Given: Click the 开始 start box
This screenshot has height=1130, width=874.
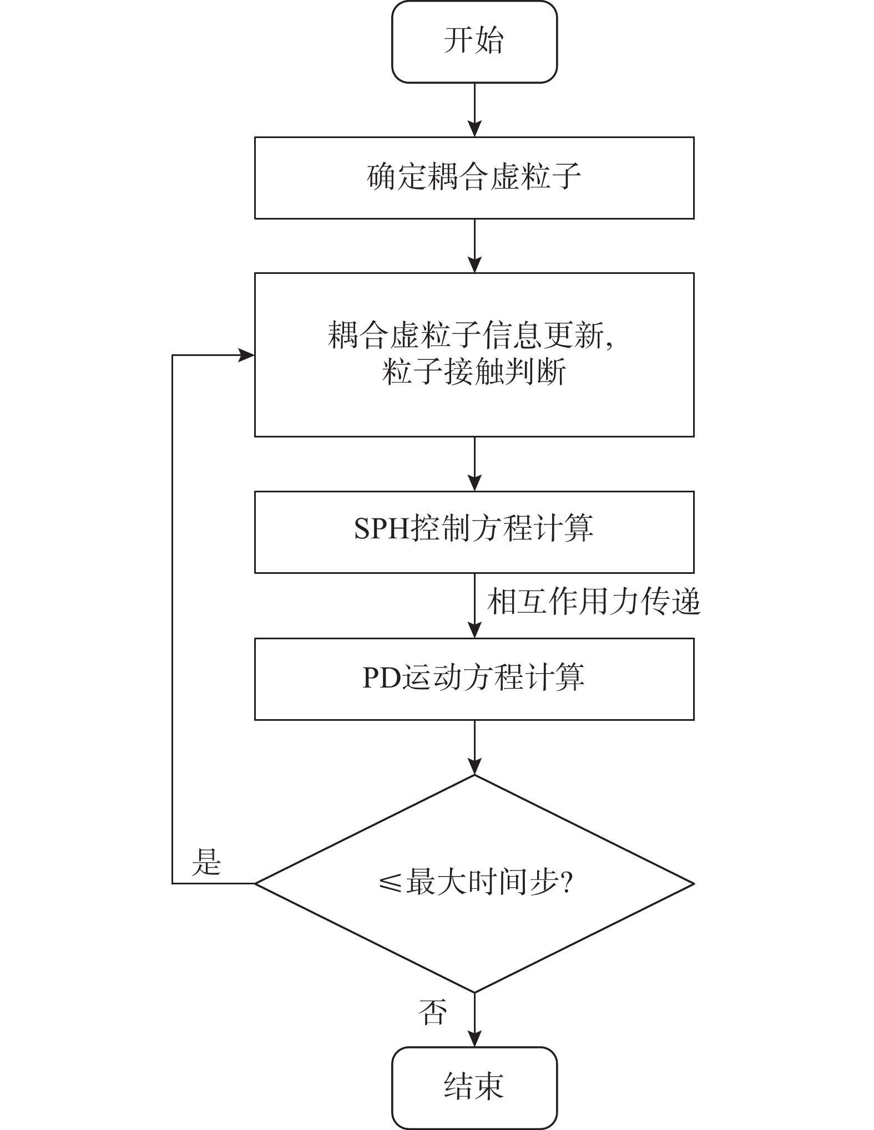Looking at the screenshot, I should tap(474, 42).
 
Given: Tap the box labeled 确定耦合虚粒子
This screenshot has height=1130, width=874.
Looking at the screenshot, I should tap(474, 178).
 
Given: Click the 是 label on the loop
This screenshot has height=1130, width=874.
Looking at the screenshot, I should tap(206, 863).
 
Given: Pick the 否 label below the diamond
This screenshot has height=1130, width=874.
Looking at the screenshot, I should tap(432, 1011).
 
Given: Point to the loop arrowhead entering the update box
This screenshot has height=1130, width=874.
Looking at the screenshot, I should tap(246, 355).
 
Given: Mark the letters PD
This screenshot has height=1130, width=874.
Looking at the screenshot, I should tap(382, 678).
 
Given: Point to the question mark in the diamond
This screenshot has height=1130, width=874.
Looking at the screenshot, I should tap(567, 882).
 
